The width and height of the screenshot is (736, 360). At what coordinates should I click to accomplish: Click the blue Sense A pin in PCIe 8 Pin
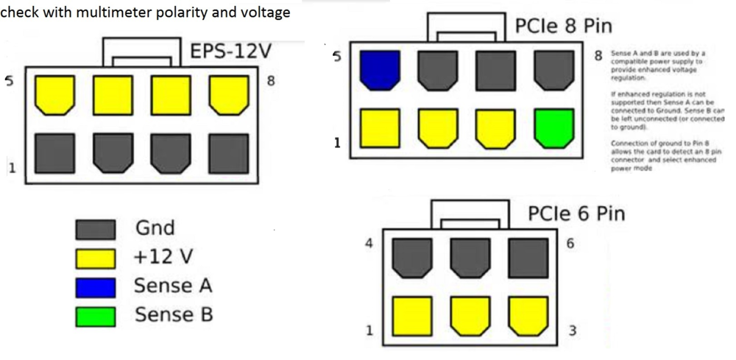click(380, 71)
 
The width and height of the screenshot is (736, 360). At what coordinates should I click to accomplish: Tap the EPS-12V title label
click(231, 53)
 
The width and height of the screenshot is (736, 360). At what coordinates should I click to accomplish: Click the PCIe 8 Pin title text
click(563, 27)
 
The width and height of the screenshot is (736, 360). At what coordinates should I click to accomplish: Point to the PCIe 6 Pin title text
click(576, 213)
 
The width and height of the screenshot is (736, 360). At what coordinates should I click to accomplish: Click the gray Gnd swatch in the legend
click(96, 230)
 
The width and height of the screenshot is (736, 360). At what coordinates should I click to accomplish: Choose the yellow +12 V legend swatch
click(96, 258)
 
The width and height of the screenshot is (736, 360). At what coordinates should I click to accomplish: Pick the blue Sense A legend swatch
click(96, 287)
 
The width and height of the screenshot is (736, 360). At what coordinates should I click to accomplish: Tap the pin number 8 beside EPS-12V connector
click(271, 80)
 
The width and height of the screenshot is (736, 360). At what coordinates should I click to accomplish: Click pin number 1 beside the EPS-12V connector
click(12, 169)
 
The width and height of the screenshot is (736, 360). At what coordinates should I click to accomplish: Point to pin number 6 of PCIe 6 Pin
click(570, 244)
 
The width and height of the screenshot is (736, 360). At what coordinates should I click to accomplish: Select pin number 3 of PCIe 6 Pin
click(572, 330)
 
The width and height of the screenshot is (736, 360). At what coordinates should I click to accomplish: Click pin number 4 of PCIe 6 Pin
click(369, 244)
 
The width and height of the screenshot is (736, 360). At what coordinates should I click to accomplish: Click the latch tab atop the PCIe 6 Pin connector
click(471, 214)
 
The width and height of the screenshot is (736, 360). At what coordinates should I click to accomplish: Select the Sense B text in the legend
click(174, 316)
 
